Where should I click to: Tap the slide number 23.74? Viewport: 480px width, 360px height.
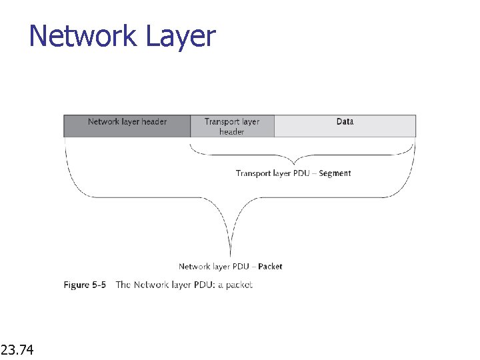19,349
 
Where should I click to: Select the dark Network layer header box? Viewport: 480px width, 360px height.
127,126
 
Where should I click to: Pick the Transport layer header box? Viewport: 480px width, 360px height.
232,126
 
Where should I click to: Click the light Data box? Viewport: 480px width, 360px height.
345,126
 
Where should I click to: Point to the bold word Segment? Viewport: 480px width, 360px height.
335,173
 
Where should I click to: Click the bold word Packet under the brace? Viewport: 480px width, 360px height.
270,267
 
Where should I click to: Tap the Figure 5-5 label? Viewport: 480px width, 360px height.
85,285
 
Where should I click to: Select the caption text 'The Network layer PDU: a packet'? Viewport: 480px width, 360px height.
184,285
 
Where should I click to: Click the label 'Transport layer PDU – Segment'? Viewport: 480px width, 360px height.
293,173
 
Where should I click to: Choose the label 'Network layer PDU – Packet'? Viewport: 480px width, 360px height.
230,267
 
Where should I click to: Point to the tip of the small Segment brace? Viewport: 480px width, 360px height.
294,163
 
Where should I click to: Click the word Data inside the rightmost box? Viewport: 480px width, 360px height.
345,122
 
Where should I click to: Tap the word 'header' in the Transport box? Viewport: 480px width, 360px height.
232,132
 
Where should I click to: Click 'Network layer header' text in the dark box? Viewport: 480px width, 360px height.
127,122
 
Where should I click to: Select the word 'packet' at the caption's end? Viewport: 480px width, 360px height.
239,285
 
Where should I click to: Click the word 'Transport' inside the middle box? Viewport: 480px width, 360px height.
222,122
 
